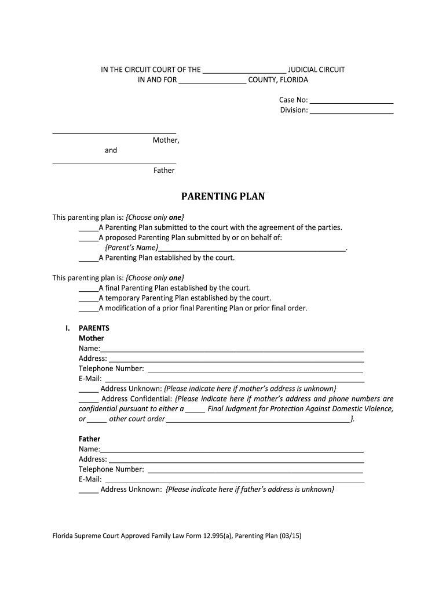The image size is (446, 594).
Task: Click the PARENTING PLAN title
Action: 223,197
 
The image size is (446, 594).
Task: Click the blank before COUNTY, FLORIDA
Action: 213,81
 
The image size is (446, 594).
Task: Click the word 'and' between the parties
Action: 111,150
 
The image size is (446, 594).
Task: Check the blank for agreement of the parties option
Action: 88,228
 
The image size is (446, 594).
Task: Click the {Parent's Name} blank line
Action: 252,248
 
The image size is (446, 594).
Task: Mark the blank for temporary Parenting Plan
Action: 88,299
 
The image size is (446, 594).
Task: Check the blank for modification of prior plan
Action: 88,309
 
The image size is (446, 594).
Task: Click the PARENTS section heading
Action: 94,328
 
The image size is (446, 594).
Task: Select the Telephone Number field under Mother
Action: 255,369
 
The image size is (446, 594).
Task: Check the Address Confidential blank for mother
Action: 88,400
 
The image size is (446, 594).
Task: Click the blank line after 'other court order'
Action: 258,419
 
